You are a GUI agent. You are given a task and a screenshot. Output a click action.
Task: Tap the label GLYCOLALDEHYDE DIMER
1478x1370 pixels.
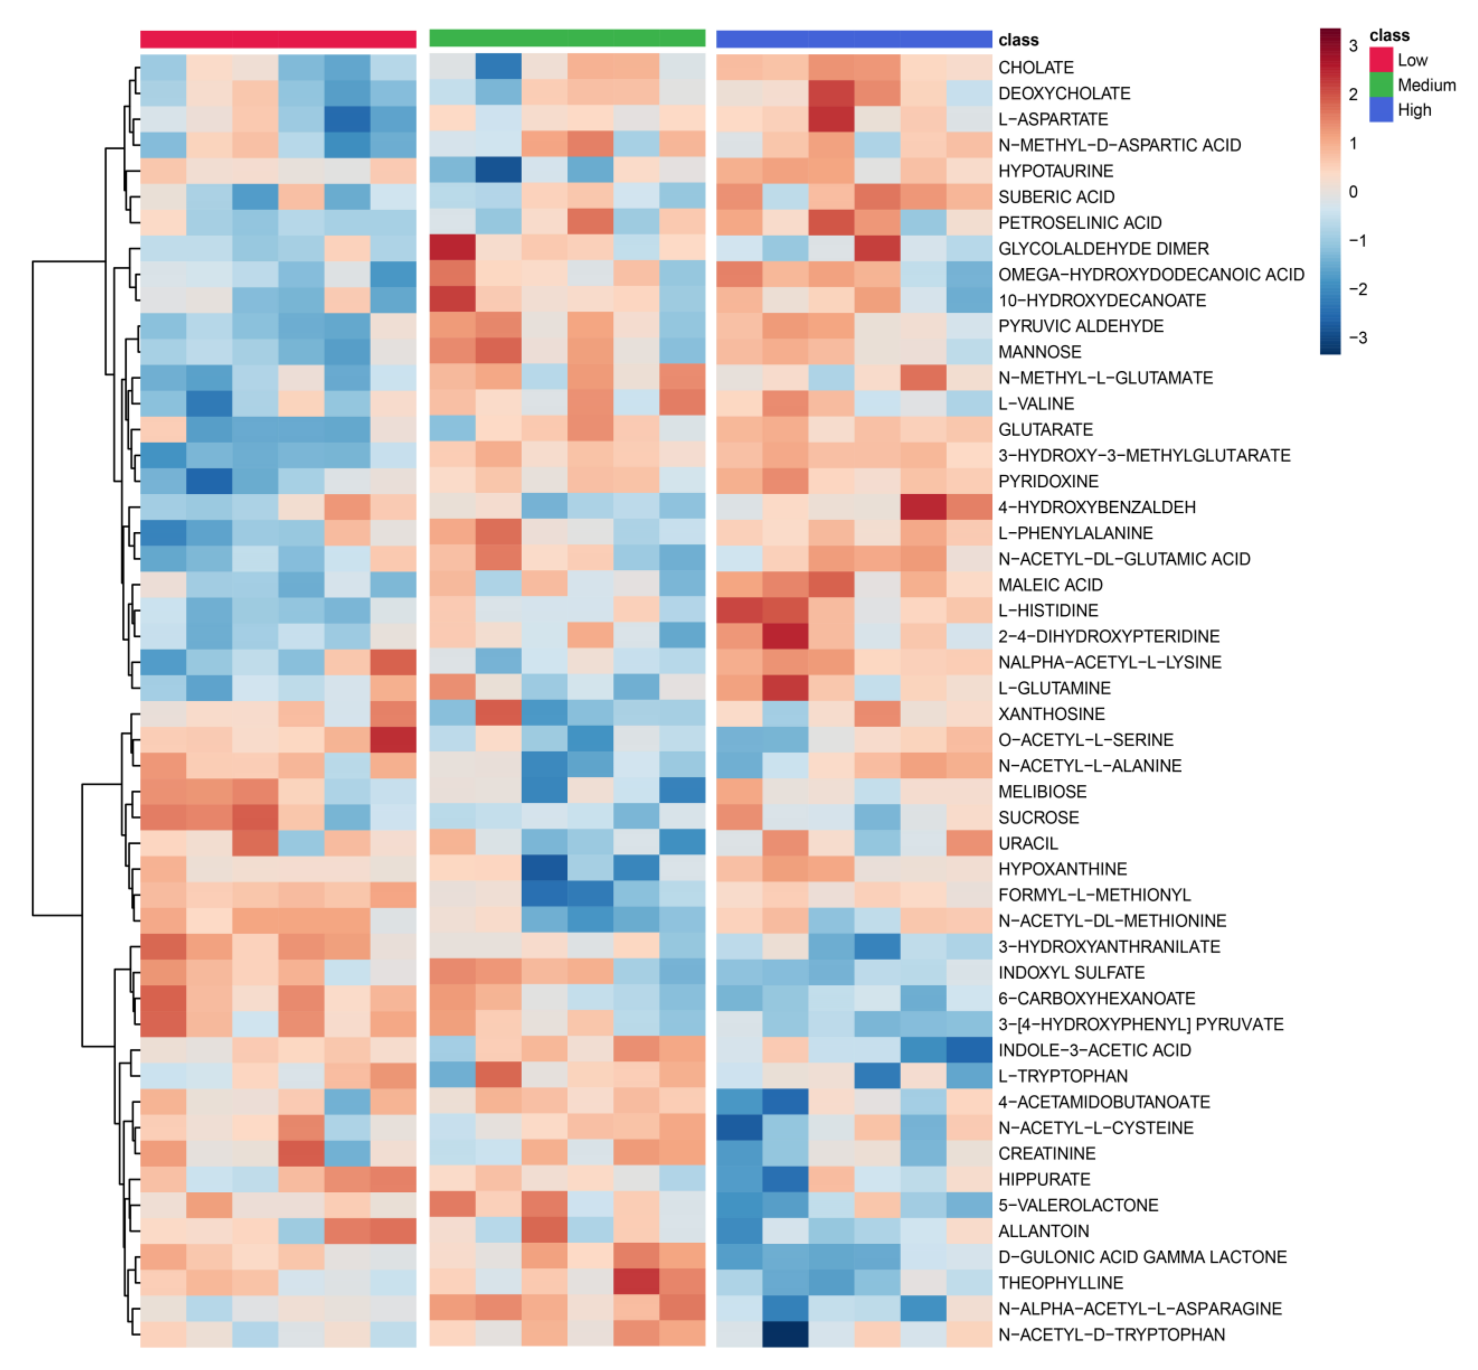[1103, 248]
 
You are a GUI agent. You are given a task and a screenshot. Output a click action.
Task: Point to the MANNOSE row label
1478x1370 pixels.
[1039, 352]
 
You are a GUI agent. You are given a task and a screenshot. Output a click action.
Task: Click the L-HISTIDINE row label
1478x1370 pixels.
[1047, 611]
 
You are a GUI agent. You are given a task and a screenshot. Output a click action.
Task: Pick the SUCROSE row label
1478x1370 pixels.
[1038, 818]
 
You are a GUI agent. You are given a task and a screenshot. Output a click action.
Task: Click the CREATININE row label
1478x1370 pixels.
[1046, 1153]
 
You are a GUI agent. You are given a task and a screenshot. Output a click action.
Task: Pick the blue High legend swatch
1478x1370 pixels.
[1380, 110]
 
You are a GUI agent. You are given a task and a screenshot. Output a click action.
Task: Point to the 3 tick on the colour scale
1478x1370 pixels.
[1353, 46]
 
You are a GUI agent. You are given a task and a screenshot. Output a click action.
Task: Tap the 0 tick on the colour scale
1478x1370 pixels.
[1353, 192]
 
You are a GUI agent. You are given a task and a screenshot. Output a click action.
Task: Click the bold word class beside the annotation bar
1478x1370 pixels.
[1018, 40]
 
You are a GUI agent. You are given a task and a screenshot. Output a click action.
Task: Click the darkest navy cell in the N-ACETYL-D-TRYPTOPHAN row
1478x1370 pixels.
[785, 1335]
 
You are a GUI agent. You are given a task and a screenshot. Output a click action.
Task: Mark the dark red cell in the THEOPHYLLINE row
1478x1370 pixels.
[636, 1282]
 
